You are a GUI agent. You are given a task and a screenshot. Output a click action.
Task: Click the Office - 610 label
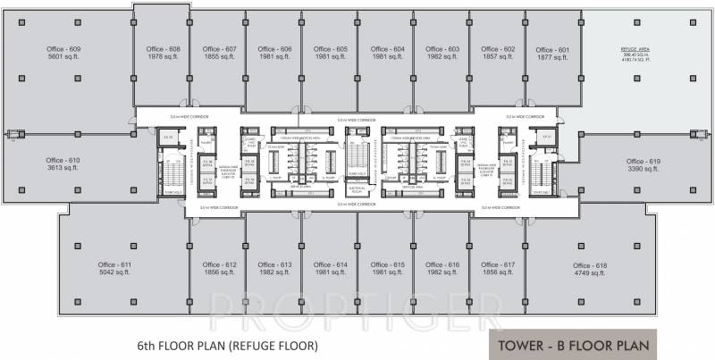click(63, 160)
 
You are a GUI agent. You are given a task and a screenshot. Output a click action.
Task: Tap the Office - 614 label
click(330, 264)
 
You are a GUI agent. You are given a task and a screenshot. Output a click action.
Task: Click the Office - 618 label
click(590, 265)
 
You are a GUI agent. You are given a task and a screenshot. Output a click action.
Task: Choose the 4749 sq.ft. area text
click(590, 273)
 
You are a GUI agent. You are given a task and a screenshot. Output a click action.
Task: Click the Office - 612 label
click(219, 264)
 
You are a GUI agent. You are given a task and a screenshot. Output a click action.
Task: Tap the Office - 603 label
click(442, 48)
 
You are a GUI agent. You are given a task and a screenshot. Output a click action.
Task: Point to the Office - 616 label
click(442, 264)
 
